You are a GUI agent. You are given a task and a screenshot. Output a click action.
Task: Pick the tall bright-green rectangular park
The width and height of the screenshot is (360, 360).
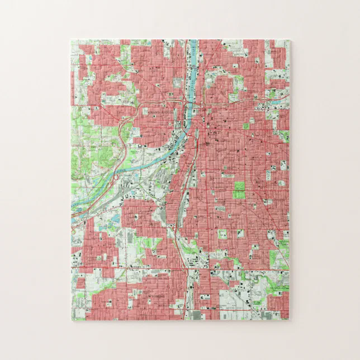point(239,190)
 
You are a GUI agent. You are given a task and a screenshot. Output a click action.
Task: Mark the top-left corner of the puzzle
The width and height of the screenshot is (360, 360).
point(72,40)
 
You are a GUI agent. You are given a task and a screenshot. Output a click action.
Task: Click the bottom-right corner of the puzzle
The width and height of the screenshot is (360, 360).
point(290,320)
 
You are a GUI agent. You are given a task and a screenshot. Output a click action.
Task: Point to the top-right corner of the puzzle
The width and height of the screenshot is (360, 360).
point(290,40)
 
